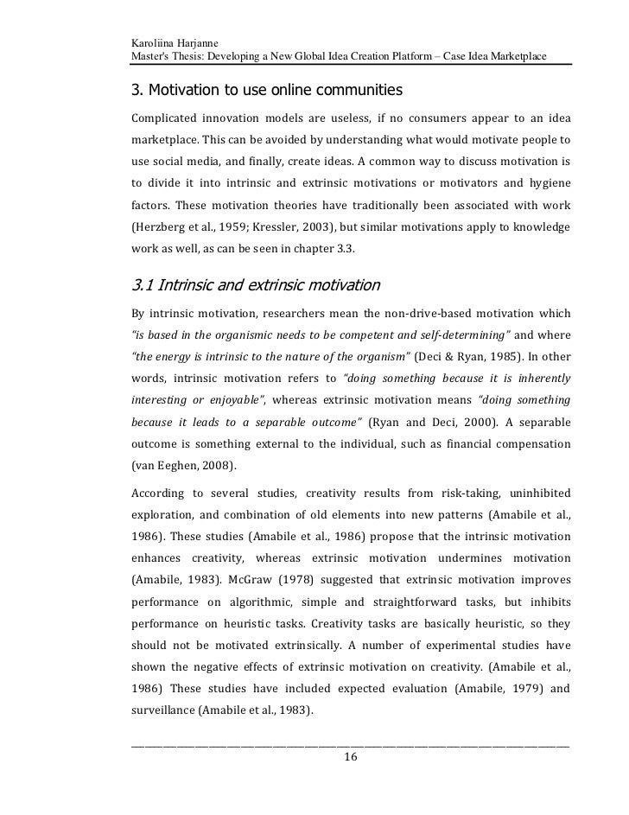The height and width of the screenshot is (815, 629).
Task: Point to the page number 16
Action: click(x=350, y=757)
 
